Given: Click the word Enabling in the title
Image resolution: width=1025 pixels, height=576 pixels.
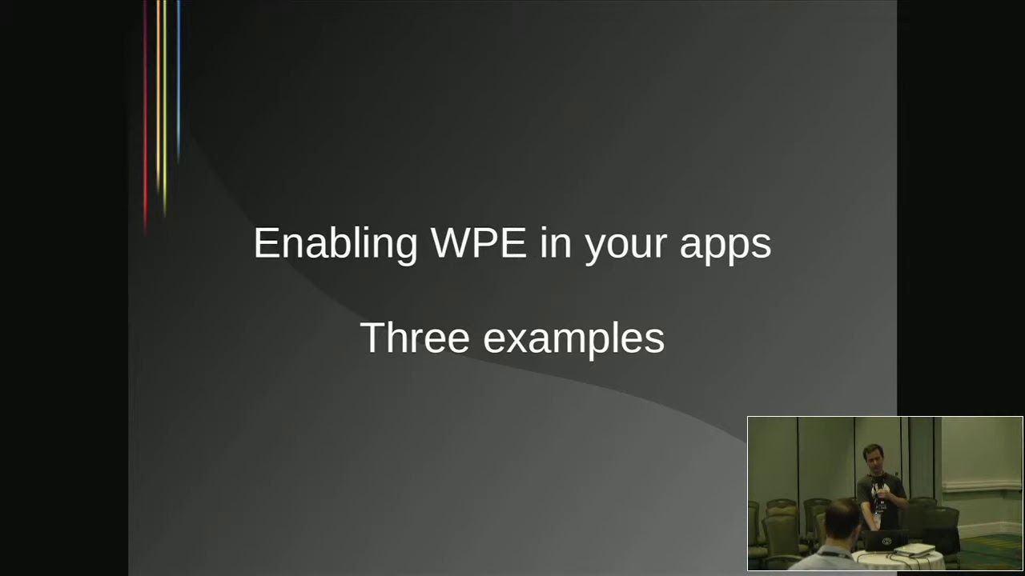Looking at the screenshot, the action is tap(336, 245).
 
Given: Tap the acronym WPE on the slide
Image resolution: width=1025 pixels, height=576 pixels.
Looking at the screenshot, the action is tap(479, 242).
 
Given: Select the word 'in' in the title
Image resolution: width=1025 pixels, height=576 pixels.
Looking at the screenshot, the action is tap(556, 242).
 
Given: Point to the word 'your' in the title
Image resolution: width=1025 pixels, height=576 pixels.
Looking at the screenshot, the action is tap(625, 248).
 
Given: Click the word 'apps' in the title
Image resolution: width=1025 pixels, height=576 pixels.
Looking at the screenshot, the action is tap(726, 248).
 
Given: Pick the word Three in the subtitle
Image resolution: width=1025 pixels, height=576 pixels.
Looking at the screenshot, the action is tap(415, 338).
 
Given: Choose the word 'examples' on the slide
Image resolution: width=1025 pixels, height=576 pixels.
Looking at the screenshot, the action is tap(574, 340).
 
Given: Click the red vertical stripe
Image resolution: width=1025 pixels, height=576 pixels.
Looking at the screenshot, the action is tap(146, 117).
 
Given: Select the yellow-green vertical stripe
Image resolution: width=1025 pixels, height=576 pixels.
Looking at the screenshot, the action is tap(165, 107).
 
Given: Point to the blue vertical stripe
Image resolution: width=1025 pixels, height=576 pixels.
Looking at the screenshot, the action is tap(179, 80).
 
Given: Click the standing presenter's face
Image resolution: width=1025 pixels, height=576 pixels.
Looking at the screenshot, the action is tap(873, 459).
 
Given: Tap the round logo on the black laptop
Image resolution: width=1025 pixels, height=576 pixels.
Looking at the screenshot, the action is tap(886, 542).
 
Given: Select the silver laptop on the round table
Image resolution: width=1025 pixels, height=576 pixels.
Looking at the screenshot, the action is tap(914, 549).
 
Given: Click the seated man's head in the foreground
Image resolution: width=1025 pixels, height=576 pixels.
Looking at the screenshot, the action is tap(843, 520).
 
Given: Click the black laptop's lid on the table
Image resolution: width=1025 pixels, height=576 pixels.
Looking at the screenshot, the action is tap(885, 541).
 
